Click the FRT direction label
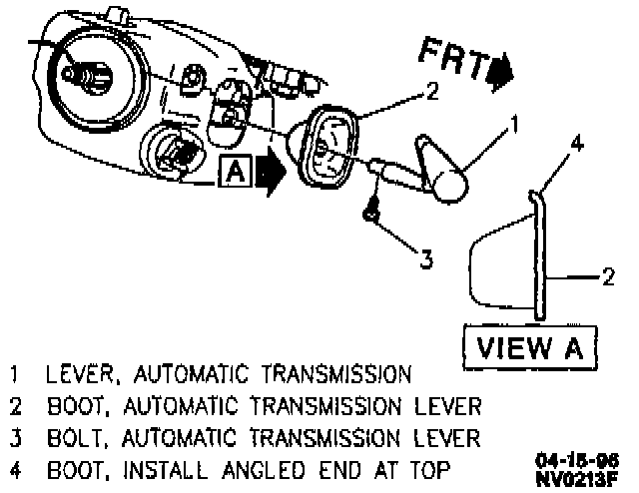point(451,58)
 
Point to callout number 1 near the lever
point(514,124)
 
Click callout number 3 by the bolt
point(425,259)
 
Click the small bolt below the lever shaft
point(371,212)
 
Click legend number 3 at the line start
point(16,437)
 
